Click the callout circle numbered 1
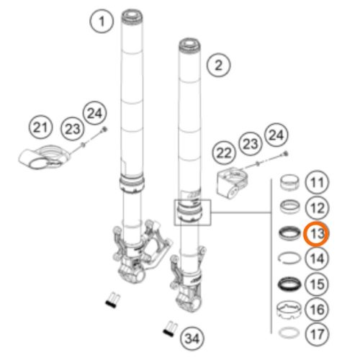(102, 22)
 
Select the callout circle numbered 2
(218, 65)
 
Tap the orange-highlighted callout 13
(316, 234)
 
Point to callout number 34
(192, 338)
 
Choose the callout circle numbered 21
(40, 127)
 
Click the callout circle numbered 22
(224, 153)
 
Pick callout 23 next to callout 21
(72, 129)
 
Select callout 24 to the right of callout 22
(276, 135)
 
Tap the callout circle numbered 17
(317, 334)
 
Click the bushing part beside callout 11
(289, 182)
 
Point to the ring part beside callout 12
(289, 207)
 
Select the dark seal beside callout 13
(289, 233)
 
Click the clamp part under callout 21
(45, 157)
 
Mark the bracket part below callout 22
(232, 184)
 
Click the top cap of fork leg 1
(132, 16)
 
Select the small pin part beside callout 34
(170, 328)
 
